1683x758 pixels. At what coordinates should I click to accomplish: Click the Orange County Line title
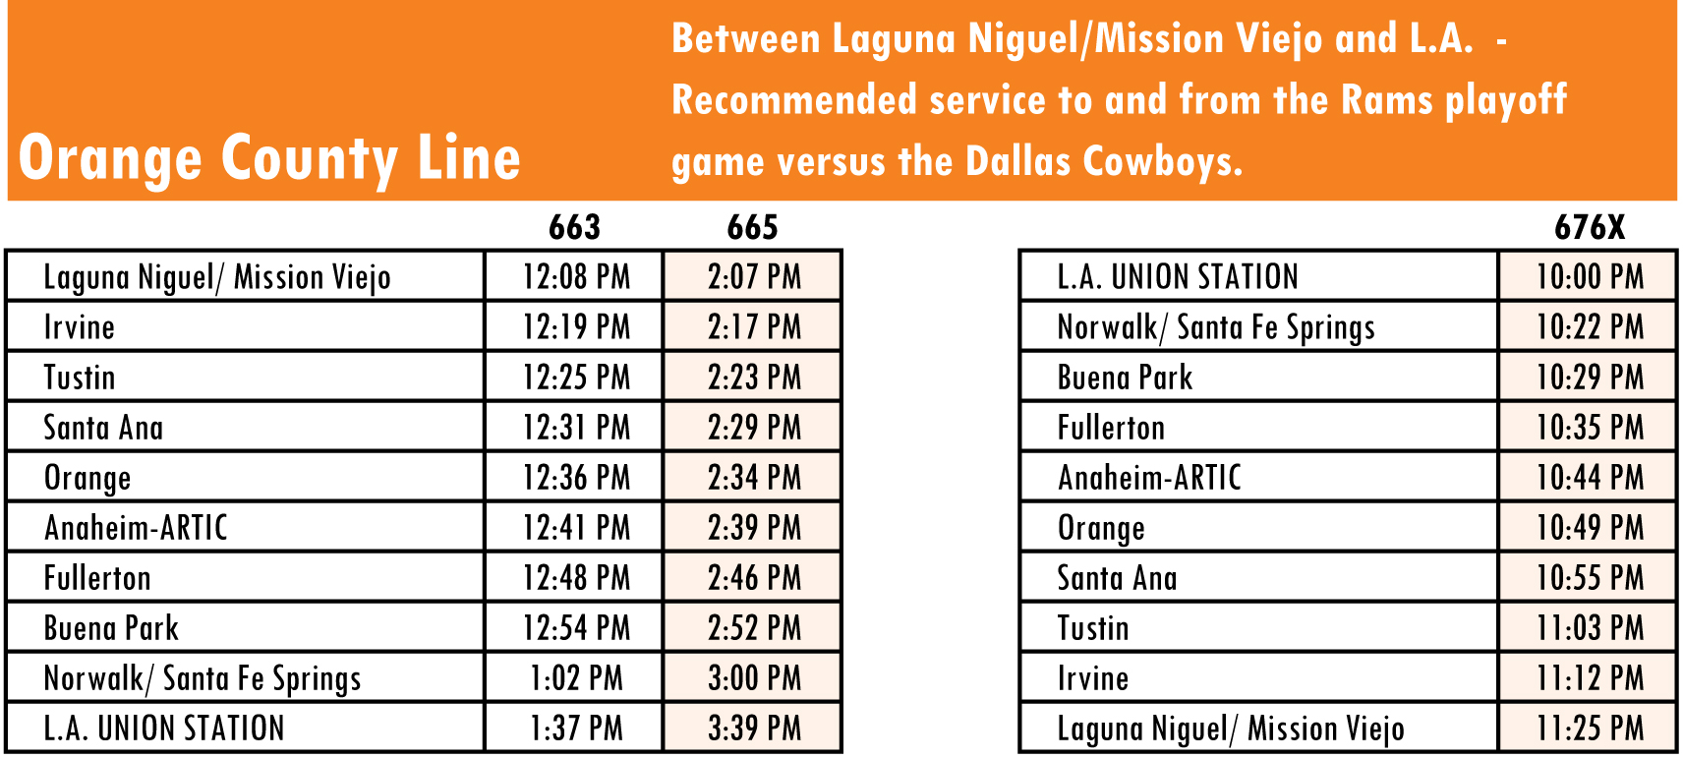(269, 158)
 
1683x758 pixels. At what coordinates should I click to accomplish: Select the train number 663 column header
(575, 227)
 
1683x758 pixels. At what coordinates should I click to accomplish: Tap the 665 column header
(752, 227)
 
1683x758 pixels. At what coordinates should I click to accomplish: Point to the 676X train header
(1589, 227)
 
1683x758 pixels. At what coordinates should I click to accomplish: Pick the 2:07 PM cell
(754, 276)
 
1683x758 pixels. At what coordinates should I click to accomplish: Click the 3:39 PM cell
(754, 728)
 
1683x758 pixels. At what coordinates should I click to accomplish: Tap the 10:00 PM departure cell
(1590, 276)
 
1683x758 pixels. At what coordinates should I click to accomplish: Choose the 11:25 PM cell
(1590, 728)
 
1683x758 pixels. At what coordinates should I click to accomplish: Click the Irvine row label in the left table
(79, 326)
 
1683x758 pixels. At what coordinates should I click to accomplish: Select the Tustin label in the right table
(1093, 628)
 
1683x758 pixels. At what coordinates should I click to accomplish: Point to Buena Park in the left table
(111, 628)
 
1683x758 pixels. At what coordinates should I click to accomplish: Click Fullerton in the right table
(1111, 428)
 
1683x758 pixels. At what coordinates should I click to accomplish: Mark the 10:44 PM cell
(1590, 477)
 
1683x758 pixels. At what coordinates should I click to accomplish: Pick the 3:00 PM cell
(754, 677)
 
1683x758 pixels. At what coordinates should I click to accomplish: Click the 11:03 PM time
(1590, 628)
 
